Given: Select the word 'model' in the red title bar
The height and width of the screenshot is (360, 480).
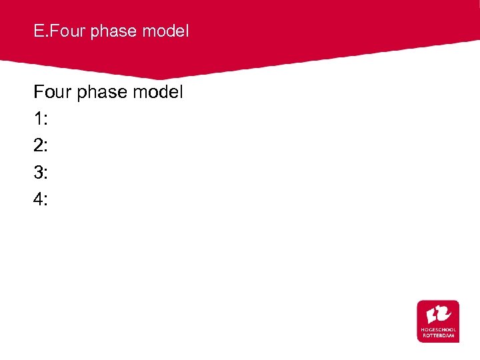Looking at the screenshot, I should (169, 31).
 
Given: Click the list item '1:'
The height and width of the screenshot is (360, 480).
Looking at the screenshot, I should (41, 119).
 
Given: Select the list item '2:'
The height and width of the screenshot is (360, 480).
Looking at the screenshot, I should (41, 145).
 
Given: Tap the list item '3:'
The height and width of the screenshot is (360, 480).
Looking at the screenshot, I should (41, 172).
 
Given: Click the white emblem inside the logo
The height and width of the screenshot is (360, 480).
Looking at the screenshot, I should (438, 313).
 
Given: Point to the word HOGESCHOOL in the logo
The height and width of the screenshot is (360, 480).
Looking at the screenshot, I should (438, 329).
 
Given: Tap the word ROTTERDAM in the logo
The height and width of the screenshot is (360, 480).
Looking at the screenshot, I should (438, 335).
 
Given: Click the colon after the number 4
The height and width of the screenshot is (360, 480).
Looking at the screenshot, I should (45, 200).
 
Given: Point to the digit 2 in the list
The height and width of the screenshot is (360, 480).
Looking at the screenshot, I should (38, 145).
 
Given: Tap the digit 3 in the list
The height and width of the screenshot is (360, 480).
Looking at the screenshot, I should (38, 172).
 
